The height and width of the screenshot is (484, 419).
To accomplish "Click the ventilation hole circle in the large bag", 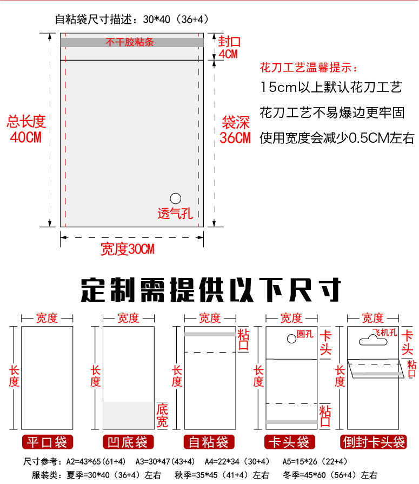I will coord(175,198).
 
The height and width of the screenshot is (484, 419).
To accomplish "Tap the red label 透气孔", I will coord(175,214).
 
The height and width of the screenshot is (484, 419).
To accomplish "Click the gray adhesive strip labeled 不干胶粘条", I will coord(131,42).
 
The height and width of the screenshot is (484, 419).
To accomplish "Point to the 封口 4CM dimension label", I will coord(229,48).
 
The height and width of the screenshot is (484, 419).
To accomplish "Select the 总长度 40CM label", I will coord(26,129).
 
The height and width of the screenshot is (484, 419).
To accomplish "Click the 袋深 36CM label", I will coord(235,130).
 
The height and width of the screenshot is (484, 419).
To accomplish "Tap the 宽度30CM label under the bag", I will coord(128,249).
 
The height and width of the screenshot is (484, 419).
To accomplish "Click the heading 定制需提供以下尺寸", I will coord(211,289).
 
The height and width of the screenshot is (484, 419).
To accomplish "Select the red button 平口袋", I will coord(47,442).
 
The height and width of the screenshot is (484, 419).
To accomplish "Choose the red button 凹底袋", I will coord(129,442).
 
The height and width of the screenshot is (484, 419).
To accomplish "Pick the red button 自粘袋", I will coord(210,442).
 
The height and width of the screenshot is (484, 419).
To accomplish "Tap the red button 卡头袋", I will coord(291,442).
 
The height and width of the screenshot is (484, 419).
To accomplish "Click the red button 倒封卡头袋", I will coord(374,442).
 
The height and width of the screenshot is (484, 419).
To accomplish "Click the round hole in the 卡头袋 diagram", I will coord(290,339).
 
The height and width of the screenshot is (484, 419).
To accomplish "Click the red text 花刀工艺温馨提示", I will coord(309,69).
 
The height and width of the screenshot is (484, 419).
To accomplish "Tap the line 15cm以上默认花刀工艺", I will coord(331,88).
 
